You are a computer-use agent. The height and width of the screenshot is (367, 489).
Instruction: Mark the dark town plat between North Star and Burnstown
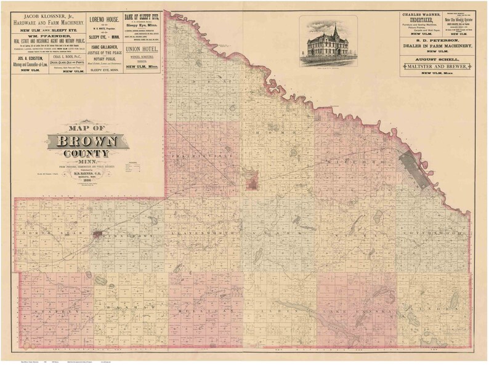point(99,235)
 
